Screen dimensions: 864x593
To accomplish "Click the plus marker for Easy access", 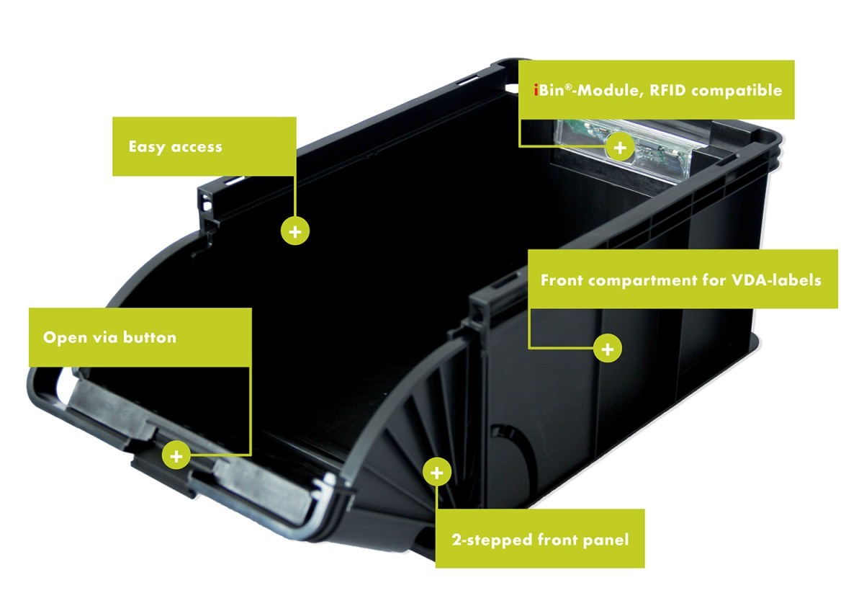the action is click(x=295, y=231).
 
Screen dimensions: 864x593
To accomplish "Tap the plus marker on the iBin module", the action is click(x=620, y=148).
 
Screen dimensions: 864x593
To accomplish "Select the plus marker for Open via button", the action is click(x=176, y=456).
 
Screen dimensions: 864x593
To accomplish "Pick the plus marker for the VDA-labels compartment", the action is click(x=608, y=349).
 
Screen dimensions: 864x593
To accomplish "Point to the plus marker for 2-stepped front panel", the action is click(x=436, y=473).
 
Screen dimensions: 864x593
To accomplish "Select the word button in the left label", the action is click(x=150, y=337).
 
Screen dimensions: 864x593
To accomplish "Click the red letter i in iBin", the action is click(x=536, y=90).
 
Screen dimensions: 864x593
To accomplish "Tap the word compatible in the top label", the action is click(x=737, y=91).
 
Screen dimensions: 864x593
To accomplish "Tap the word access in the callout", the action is click(x=197, y=148).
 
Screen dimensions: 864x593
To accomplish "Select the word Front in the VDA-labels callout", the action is click(x=562, y=280).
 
